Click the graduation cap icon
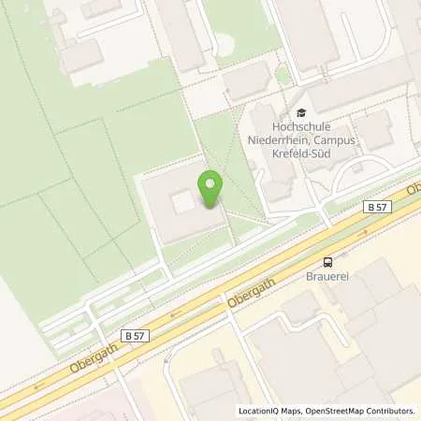tap(299, 112)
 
